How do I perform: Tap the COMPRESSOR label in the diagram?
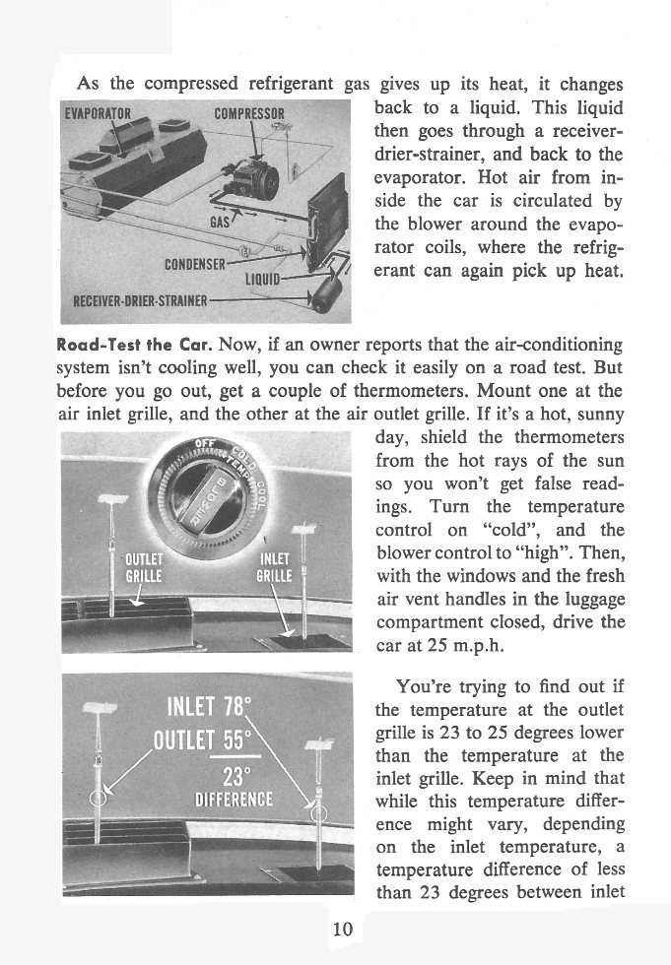(249, 111)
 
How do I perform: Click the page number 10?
(335, 929)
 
